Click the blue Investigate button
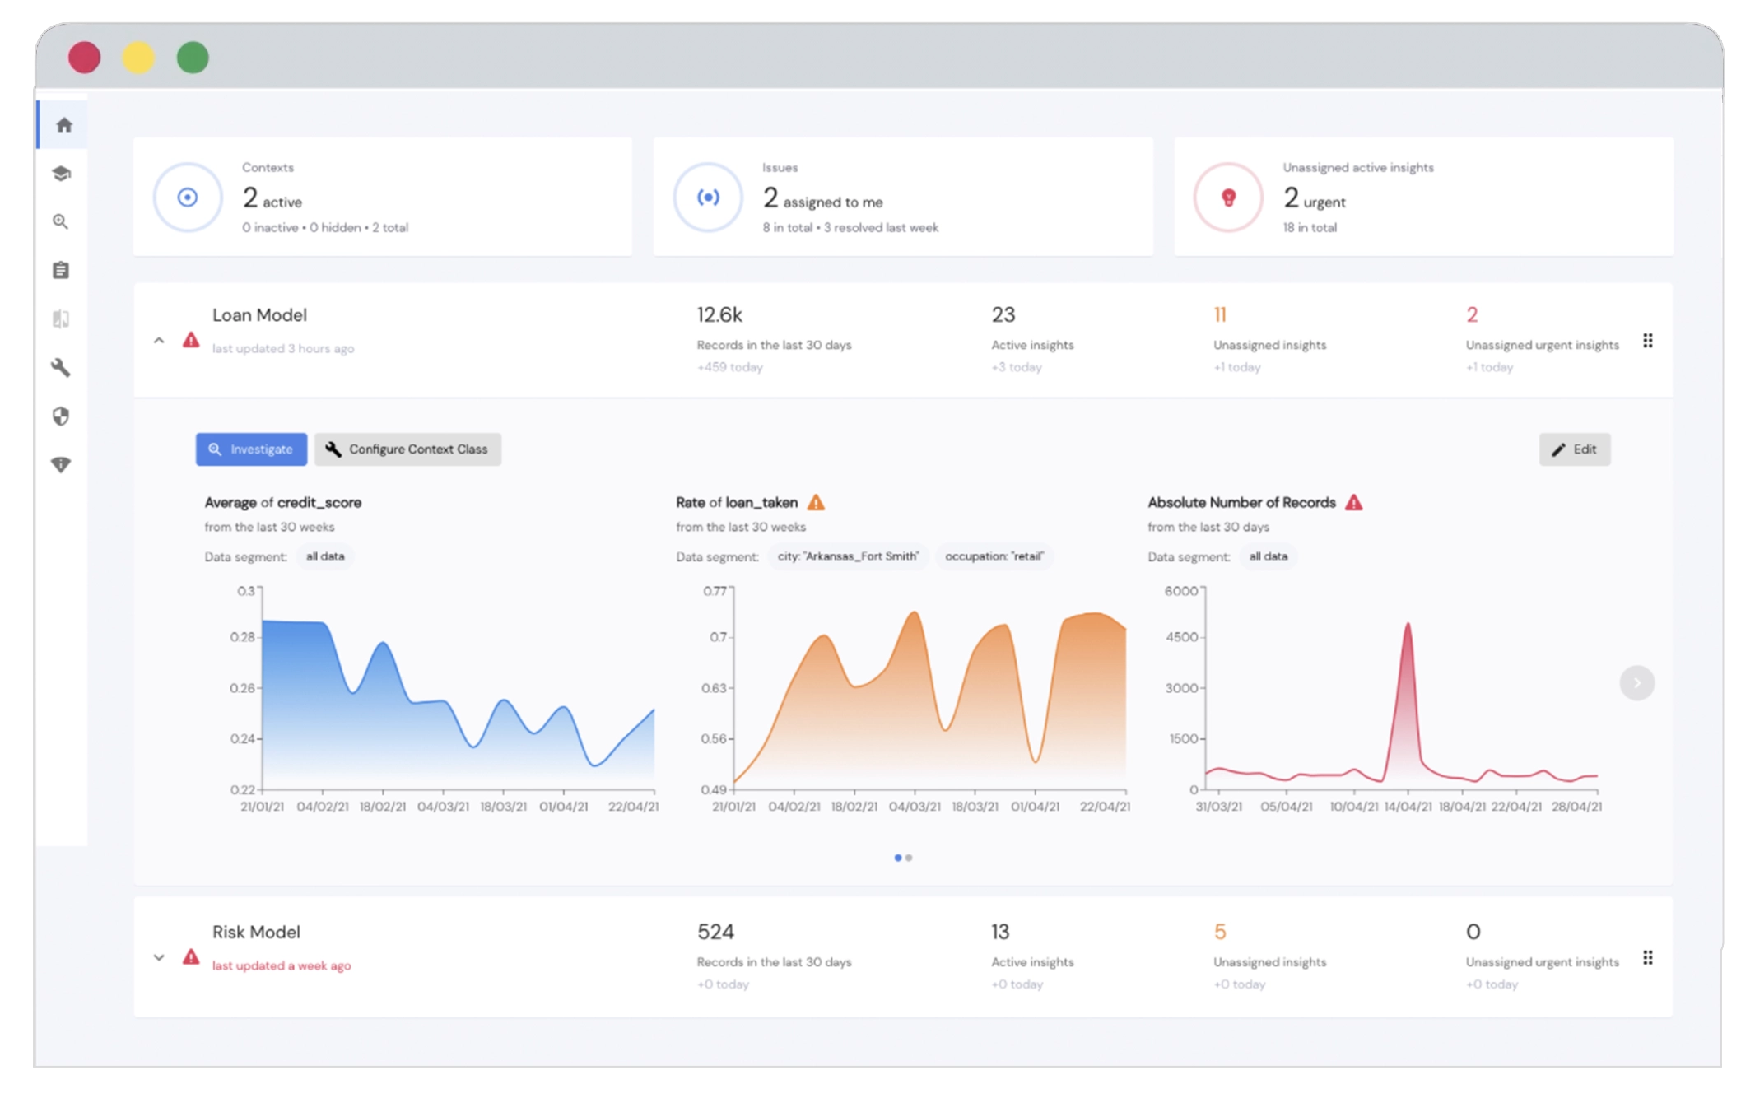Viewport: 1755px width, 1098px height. (251, 449)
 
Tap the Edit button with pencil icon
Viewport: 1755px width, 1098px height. (1574, 449)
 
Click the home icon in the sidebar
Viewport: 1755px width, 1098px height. (63, 125)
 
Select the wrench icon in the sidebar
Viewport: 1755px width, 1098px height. (61, 367)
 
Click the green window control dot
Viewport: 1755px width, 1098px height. (193, 58)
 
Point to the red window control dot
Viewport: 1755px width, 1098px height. (84, 58)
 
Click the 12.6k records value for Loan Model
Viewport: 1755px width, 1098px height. (719, 314)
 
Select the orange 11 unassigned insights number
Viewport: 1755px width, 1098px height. (1219, 314)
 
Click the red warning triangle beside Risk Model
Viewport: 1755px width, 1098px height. (191, 956)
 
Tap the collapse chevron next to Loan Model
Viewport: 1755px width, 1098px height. (159, 340)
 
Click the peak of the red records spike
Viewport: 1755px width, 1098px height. (1408, 626)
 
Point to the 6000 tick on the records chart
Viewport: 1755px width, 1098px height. (1180, 591)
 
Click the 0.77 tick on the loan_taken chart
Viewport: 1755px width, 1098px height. (715, 591)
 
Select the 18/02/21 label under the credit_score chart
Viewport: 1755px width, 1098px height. (382, 807)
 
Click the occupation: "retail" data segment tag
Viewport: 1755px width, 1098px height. (994, 556)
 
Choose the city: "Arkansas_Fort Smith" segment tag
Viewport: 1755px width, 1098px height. (848, 556)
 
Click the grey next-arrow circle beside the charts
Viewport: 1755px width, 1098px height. (1636, 683)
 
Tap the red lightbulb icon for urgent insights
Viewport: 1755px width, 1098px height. (1228, 198)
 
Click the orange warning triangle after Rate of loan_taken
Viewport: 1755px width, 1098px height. (816, 502)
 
